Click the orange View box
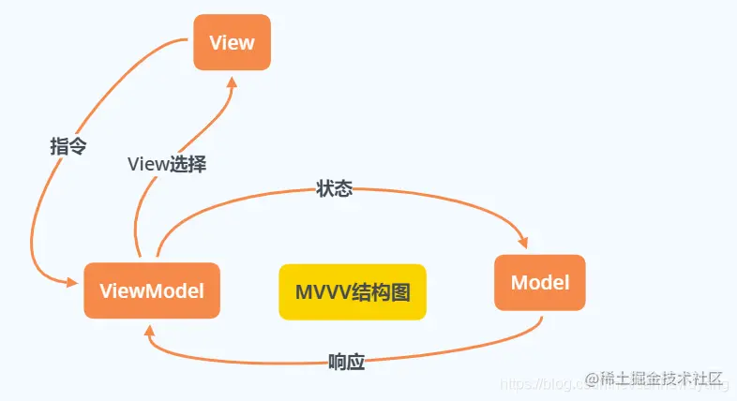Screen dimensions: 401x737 [x=232, y=42]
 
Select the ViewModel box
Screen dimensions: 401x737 [x=151, y=290]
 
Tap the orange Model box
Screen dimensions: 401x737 [x=539, y=282]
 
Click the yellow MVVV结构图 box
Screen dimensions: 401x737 [x=353, y=291]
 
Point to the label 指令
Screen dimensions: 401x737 [x=68, y=146]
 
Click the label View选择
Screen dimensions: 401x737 [x=167, y=164]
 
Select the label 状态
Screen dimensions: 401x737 [x=334, y=188]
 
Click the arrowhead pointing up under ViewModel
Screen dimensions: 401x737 [x=149, y=329]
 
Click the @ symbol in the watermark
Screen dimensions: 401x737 [x=593, y=379]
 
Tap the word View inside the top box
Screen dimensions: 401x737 [x=232, y=42]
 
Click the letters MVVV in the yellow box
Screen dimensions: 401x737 [x=323, y=291]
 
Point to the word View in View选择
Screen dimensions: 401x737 [x=146, y=164]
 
